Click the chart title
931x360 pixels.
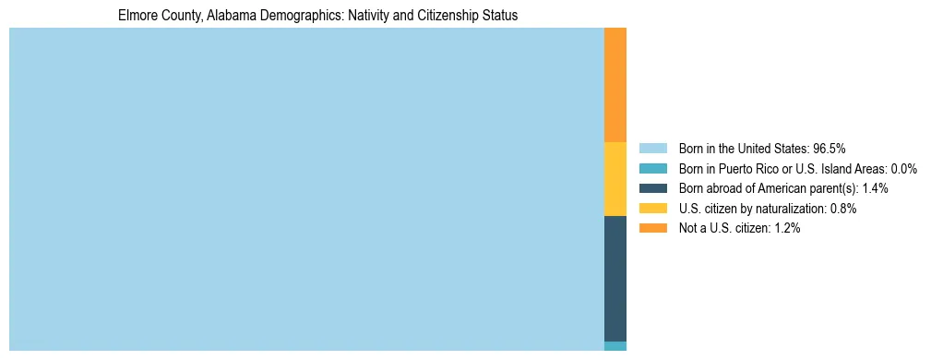[x=317, y=16]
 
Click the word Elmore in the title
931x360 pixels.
[x=137, y=16]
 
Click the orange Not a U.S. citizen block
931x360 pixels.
[x=615, y=85]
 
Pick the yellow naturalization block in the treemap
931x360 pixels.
[x=615, y=179]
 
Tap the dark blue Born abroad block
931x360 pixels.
[x=615, y=278]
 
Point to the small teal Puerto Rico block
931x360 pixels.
[x=615, y=346]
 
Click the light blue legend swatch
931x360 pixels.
[x=653, y=148]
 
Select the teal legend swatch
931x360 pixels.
[x=653, y=168]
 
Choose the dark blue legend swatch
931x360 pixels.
[x=653, y=188]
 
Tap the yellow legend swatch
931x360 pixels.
[x=653, y=209]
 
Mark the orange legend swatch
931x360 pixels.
[x=653, y=228]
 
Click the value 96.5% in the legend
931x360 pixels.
[x=829, y=148]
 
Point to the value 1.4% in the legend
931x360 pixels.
[x=873, y=188]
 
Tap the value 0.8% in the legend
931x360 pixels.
[x=841, y=209]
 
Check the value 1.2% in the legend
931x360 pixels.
[x=784, y=228]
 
